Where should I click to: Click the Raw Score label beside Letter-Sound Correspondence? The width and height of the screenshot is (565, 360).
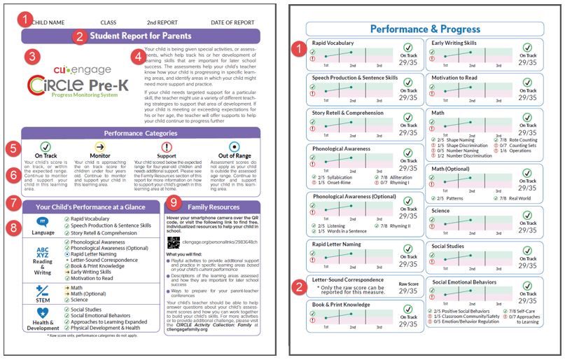pos(408,283)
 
